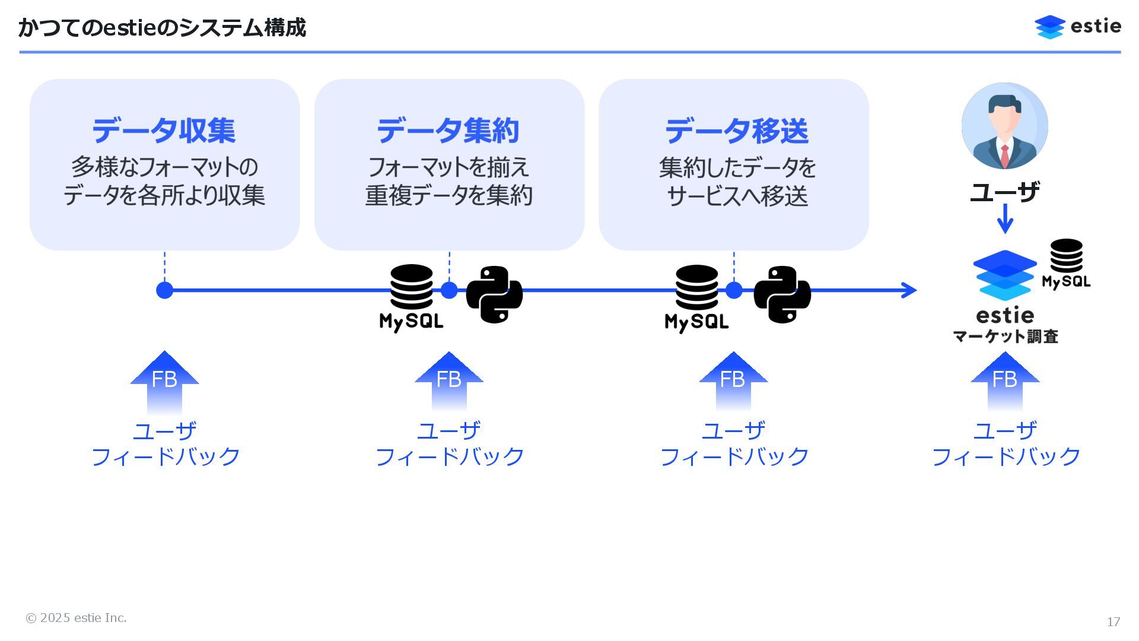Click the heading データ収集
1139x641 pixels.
pos(164,131)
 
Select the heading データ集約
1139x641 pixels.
pos(448,131)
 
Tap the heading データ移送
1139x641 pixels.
pos(736,131)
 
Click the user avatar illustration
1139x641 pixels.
pos(1004,126)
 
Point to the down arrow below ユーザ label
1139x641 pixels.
pos(1004,218)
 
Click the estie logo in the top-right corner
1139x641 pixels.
pos(1077,27)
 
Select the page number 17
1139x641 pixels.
pos(1113,621)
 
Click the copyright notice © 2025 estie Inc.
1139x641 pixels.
pos(76,618)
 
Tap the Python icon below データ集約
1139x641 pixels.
pos(494,294)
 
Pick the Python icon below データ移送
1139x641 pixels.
pos(782,294)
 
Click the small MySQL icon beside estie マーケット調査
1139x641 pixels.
pos(1066,264)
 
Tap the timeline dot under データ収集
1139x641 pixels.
pos(164,290)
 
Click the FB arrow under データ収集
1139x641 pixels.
pos(164,380)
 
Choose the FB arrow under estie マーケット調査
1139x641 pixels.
pos(1004,380)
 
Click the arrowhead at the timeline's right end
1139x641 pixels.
pos(909,290)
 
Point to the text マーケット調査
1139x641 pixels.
pos(1006,337)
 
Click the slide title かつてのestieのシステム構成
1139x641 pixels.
pos(162,28)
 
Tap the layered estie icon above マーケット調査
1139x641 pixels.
pos(1004,275)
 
